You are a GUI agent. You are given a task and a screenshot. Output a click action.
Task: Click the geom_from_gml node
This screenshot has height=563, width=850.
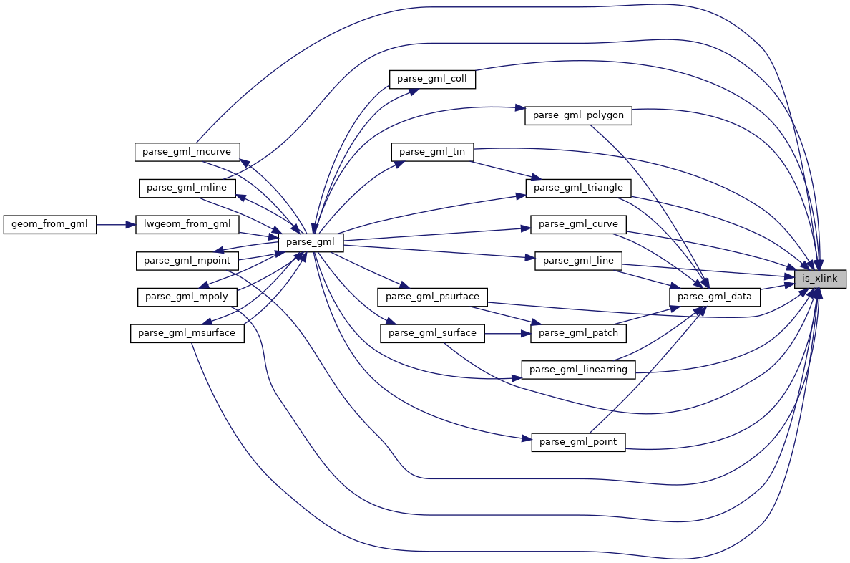point(49,224)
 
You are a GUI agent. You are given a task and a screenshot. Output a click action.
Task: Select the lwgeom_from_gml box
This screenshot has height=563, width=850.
point(187,224)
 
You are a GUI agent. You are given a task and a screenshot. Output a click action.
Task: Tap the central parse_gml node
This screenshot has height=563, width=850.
point(311,242)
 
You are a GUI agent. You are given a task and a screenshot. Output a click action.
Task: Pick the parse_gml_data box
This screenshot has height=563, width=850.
point(714,297)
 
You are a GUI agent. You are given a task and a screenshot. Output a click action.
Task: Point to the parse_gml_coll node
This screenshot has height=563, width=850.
point(432,79)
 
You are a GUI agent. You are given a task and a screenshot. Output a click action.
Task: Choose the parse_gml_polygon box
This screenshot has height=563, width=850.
point(578,115)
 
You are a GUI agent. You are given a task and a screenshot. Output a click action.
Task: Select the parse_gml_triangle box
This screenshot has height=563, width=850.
point(579,188)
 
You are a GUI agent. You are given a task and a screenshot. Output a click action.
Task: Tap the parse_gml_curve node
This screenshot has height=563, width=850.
point(578,224)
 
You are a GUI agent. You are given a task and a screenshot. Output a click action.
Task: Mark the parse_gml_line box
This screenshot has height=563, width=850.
point(578,261)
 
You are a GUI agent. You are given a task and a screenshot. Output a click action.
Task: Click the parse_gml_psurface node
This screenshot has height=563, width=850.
point(432,296)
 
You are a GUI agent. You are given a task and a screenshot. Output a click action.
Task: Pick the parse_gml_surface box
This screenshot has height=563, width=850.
point(432,333)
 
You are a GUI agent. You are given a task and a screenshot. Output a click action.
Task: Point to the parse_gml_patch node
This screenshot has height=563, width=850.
point(578,333)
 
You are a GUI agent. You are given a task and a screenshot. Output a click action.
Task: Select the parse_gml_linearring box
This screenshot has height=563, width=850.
point(578,370)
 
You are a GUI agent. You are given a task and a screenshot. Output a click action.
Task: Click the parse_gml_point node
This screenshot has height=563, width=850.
point(578,442)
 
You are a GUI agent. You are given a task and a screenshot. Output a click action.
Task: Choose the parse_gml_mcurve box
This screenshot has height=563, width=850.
point(187,152)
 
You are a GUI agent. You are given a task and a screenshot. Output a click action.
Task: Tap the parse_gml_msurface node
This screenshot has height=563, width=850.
point(187,333)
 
